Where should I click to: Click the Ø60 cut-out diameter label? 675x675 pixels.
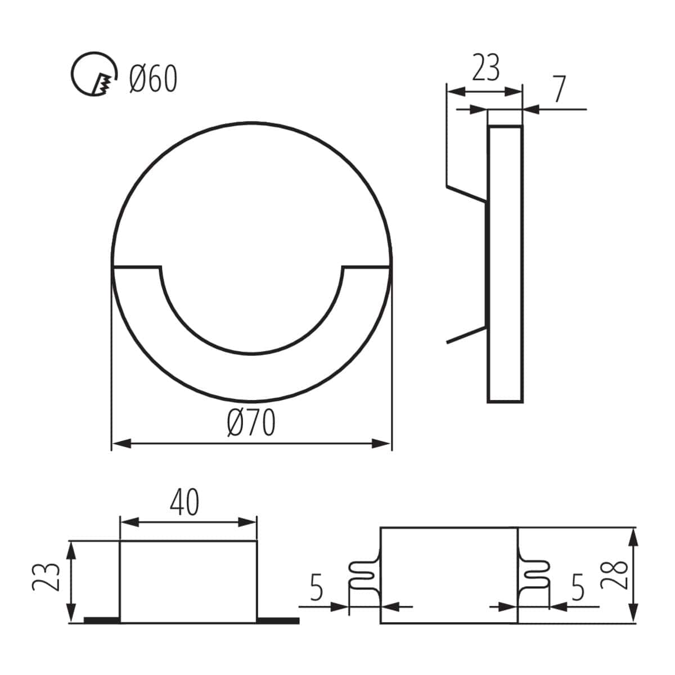(x=153, y=79)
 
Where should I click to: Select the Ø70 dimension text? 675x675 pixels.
(x=251, y=423)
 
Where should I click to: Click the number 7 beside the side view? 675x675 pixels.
(x=557, y=89)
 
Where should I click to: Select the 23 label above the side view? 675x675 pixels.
(x=485, y=69)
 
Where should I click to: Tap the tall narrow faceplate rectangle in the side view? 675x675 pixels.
(x=505, y=264)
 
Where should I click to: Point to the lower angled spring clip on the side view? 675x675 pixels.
(x=466, y=335)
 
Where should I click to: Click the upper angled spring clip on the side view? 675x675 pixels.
(x=466, y=192)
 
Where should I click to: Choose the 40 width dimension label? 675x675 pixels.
(x=185, y=502)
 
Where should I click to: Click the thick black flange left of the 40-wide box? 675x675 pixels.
(x=102, y=620)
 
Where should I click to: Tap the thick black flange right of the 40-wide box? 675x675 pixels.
(x=278, y=620)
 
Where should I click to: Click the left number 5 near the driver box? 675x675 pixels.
(x=317, y=588)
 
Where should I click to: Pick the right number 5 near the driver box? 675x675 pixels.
(x=578, y=588)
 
